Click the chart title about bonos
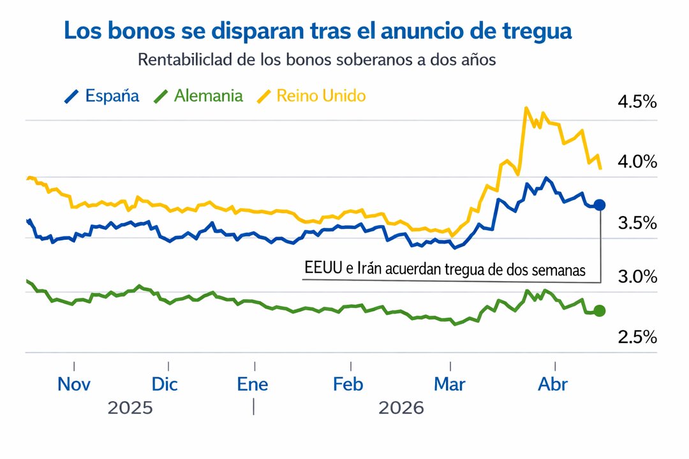pyautogui.click(x=318, y=31)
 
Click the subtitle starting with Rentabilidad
pyautogui.click(x=317, y=61)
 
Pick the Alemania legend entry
pyautogui.click(x=198, y=96)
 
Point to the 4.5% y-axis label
pyautogui.click(x=637, y=102)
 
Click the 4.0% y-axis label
pyautogui.click(x=637, y=162)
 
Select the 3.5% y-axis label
pyautogui.click(x=637, y=223)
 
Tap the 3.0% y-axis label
pyautogui.click(x=637, y=277)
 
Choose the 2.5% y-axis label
pyautogui.click(x=637, y=337)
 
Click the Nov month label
pyautogui.click(x=74, y=384)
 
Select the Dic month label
pyautogui.click(x=165, y=384)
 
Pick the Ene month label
pyautogui.click(x=253, y=384)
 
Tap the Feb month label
pyautogui.click(x=348, y=384)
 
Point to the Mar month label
pyautogui.click(x=450, y=384)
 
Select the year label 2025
pyautogui.click(x=130, y=408)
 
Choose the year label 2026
pyautogui.click(x=401, y=408)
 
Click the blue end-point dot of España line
pyautogui.click(x=600, y=205)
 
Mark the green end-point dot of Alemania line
pyautogui.click(x=600, y=310)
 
